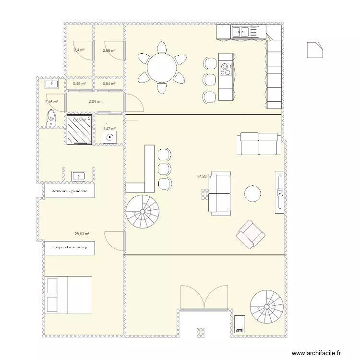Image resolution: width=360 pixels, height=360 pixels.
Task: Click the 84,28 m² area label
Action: pyautogui.click(x=204, y=176)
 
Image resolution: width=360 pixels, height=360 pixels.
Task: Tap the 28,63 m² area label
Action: pyautogui.click(x=82, y=234)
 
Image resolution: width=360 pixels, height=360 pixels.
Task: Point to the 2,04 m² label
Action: pyautogui.click(x=95, y=101)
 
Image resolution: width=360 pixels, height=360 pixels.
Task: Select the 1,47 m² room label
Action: pyautogui.click(x=109, y=129)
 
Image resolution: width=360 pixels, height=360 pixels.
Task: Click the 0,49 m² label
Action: pyautogui.click(x=79, y=84)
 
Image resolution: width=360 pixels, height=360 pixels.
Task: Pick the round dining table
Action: pyautogui.click(x=162, y=68)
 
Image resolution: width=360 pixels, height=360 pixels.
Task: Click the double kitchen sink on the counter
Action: pyautogui.click(x=245, y=32)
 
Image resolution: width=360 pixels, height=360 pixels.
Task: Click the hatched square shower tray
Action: pyautogui.click(x=79, y=130)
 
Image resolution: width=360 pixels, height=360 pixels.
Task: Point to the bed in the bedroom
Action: pyautogui.click(x=68, y=295)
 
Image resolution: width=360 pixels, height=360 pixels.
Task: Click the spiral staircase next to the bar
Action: pyautogui.click(x=143, y=211)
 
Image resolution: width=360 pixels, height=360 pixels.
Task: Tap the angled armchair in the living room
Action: pyautogui.click(x=250, y=234)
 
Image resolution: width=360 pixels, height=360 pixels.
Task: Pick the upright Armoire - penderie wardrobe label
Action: pyautogui.click(x=70, y=191)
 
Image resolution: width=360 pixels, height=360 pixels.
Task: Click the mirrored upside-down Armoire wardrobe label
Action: pyautogui.click(x=70, y=248)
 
